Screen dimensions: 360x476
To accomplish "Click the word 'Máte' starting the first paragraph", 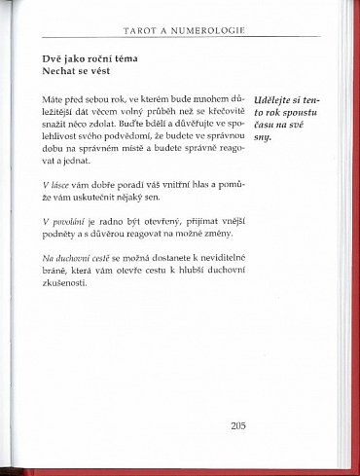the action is tap(54, 100).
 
